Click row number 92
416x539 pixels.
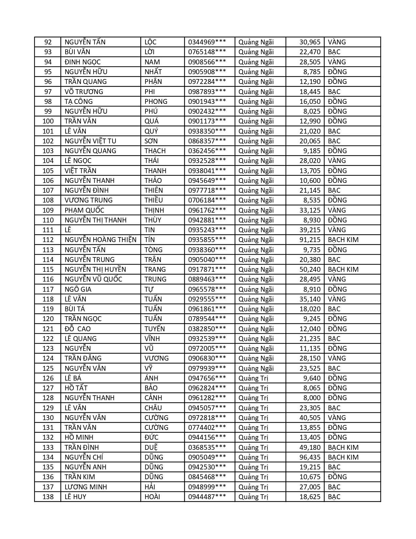pos(48,42)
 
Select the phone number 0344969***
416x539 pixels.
pos(207,42)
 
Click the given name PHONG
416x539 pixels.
pos(156,102)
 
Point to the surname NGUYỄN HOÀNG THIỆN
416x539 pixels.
pos(100,240)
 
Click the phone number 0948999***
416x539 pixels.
pos(207,487)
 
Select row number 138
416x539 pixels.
pos(48,497)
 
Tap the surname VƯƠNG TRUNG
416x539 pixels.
pos(88,200)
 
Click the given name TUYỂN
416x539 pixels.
pos(155,329)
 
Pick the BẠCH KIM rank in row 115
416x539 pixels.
pos(343,269)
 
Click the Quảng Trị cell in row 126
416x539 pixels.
pos(253,378)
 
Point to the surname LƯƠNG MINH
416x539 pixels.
pos(86,487)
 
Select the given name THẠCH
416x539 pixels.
pos(155,151)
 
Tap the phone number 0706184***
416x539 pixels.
pos(207,200)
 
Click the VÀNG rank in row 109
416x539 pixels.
pos(337,210)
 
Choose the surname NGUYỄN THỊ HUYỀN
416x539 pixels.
pos(95,269)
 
